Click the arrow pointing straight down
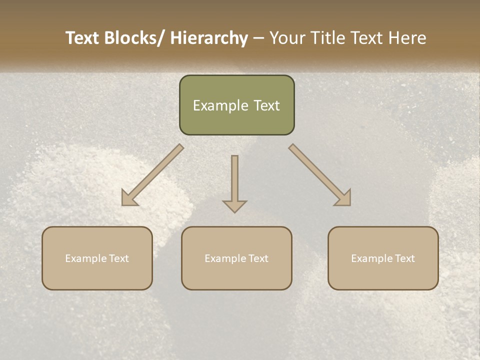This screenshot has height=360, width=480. (x=234, y=182)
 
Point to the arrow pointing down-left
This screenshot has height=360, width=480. (x=152, y=175)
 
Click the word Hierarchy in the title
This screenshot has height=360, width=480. (x=209, y=38)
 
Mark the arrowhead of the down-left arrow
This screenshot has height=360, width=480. (x=129, y=198)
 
